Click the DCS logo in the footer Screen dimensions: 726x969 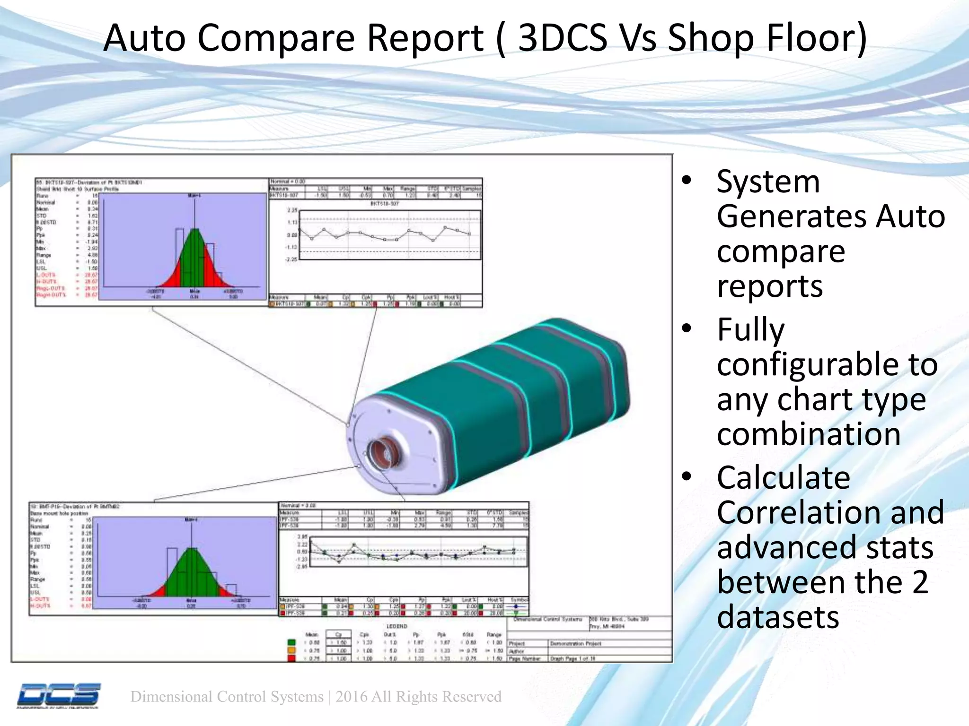pos(59,695)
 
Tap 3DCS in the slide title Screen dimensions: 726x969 pos(563,38)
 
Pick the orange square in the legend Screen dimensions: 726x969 pos(291,651)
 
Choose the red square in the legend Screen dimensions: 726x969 pos(291,658)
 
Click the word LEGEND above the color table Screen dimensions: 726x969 pos(396,626)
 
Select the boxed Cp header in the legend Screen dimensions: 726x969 pos(338,635)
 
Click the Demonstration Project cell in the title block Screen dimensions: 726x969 pos(575,644)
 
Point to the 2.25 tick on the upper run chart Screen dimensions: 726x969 pos(292,210)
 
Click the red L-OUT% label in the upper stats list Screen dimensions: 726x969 pos(46,275)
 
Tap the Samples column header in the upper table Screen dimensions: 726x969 pos(471,188)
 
